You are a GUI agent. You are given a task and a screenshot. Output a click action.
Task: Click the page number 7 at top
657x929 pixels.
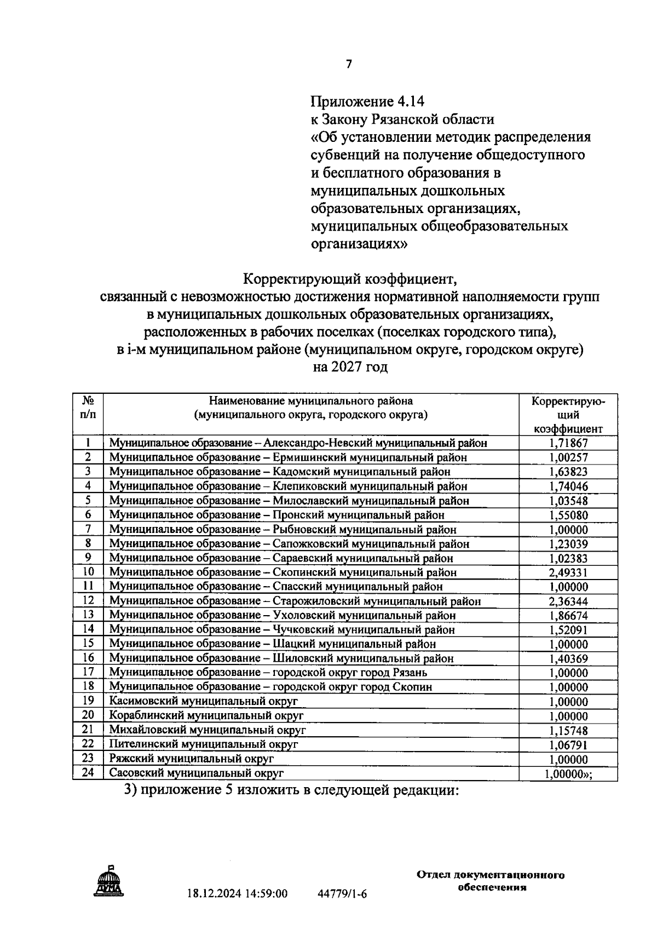(349, 65)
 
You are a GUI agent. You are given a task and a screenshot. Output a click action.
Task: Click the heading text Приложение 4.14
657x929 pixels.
(367, 101)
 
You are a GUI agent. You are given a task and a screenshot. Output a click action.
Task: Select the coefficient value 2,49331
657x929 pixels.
(568, 572)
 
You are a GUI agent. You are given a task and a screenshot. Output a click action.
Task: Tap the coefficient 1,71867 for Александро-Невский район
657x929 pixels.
(568, 443)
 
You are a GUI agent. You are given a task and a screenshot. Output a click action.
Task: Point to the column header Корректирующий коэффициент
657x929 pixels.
(568, 415)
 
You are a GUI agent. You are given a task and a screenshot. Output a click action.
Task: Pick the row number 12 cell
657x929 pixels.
(88, 600)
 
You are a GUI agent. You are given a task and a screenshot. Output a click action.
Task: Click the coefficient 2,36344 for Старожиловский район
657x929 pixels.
(568, 601)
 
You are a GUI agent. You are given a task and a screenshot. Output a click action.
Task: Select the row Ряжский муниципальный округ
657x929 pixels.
(191, 759)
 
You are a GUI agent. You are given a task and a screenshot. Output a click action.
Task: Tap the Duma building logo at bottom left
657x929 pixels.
(109, 882)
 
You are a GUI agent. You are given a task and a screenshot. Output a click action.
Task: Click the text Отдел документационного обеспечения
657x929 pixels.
(491, 881)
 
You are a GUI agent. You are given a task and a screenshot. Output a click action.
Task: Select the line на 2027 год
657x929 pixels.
(350, 367)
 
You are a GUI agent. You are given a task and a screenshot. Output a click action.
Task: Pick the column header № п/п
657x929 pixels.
(88, 408)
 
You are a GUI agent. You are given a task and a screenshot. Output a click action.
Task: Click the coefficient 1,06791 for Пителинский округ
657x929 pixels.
(568, 745)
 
